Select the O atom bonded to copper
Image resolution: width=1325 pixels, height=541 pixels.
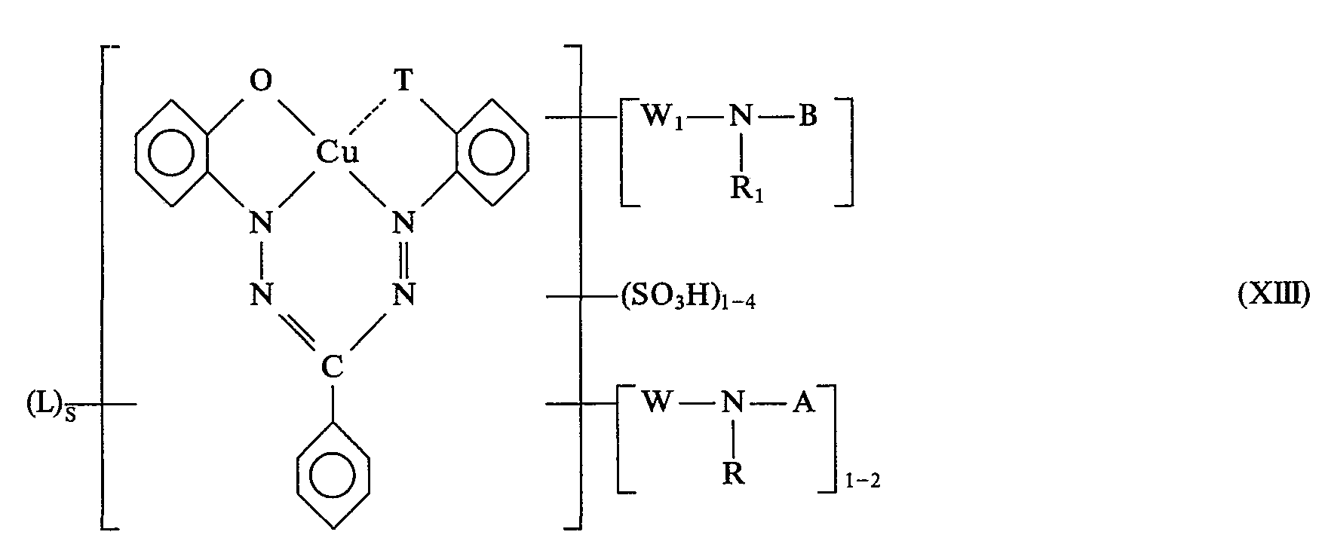pos(261,82)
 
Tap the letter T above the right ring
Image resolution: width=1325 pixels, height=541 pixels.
pos(404,82)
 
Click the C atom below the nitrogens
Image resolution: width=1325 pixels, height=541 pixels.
pos(333,367)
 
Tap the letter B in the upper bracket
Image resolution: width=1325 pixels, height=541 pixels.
pos(808,118)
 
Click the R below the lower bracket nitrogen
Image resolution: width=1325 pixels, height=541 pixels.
pos(735,475)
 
